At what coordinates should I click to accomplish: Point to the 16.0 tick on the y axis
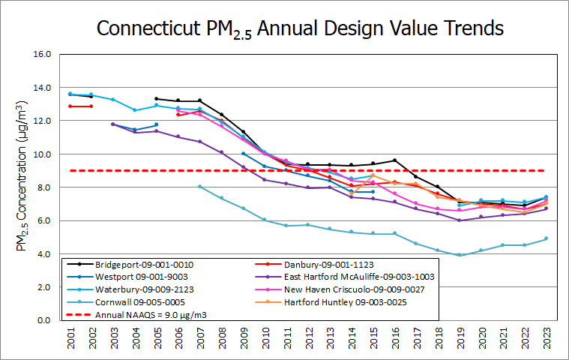[41, 54]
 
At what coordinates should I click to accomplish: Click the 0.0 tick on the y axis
[43, 320]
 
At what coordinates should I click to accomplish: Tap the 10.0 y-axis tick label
[41, 154]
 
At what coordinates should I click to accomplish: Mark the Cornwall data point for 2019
[459, 255]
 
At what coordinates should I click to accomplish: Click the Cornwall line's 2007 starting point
[199, 187]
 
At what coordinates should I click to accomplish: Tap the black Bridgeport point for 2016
[394, 160]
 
